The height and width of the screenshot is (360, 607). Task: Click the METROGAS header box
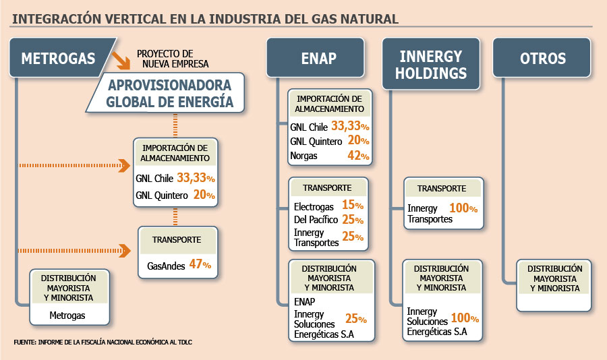58,58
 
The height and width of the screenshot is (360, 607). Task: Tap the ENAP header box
316,58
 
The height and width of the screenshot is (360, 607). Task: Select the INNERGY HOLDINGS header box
431,64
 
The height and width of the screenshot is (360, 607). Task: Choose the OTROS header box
542,58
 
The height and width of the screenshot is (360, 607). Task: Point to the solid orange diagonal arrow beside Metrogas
121,61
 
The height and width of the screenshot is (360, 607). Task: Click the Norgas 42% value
358,156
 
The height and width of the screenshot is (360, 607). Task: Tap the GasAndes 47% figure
200,264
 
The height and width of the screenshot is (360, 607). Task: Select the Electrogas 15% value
353,205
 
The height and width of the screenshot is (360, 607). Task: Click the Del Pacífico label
316,220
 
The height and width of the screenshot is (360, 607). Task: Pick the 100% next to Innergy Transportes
463,208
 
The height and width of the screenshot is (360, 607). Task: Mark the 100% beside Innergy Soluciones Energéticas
465,318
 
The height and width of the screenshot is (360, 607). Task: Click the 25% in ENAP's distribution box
355,319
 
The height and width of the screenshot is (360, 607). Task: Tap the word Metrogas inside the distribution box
67,316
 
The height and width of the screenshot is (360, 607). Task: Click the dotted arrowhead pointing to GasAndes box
125,251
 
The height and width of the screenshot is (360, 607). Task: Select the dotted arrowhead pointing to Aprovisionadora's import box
125,165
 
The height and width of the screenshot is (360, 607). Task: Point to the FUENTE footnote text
103,342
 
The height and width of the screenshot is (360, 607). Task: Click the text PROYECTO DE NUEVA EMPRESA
173,59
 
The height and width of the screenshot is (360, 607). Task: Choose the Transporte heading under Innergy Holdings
442,189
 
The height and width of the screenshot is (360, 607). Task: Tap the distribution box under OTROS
554,286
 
